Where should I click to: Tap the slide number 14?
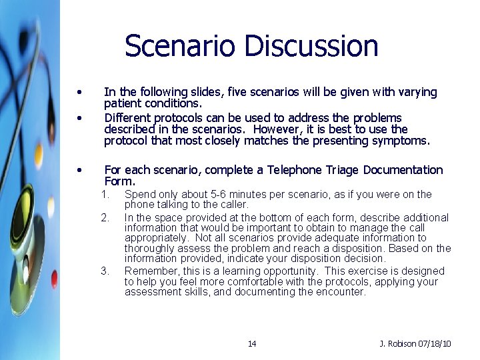coord(251,344)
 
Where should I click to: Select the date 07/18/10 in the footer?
coord(434,344)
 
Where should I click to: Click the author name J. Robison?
coord(397,344)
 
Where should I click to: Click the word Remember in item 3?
coord(149,271)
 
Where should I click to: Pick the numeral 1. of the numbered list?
coord(105,195)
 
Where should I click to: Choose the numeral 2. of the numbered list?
coord(105,217)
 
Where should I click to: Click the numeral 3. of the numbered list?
coord(105,271)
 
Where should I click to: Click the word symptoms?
coord(405,141)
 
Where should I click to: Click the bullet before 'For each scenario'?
coord(79,170)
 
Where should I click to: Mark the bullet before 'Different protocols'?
coord(79,118)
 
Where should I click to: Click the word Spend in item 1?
coord(138,195)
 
